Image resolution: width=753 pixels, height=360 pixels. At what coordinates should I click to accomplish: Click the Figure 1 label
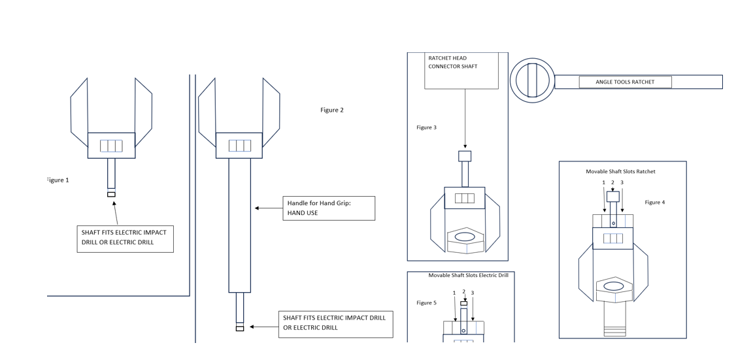click(58, 180)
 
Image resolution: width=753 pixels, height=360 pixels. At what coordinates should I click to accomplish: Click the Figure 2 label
click(332, 110)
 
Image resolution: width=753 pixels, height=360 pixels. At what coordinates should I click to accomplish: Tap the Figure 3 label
click(426, 127)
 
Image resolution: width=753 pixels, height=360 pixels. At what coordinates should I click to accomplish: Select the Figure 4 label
click(654, 202)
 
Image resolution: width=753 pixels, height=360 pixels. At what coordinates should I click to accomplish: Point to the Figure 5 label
click(426, 303)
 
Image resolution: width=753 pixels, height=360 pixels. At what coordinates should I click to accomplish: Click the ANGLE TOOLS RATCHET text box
click(626, 82)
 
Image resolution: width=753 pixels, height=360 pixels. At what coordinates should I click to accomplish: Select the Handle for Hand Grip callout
click(329, 208)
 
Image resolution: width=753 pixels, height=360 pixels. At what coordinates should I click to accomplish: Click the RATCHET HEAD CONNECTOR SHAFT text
click(453, 62)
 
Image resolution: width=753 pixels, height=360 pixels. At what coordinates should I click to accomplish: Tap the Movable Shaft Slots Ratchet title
click(620, 171)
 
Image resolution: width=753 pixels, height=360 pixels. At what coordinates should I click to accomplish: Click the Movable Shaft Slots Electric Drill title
click(468, 275)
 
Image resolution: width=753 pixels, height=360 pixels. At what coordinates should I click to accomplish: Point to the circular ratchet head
click(532, 80)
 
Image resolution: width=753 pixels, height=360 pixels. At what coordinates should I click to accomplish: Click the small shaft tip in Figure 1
click(111, 195)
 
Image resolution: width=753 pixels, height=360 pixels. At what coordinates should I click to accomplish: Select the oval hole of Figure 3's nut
click(464, 237)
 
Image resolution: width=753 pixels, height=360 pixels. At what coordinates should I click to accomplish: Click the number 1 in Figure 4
click(604, 182)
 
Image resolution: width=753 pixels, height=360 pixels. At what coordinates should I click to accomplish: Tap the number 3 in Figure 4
click(622, 182)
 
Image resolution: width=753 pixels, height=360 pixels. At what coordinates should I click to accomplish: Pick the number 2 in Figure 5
click(464, 291)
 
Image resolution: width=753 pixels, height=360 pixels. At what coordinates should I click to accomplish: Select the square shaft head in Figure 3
click(465, 156)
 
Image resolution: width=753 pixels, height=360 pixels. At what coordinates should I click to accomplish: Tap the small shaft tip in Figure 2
click(240, 329)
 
